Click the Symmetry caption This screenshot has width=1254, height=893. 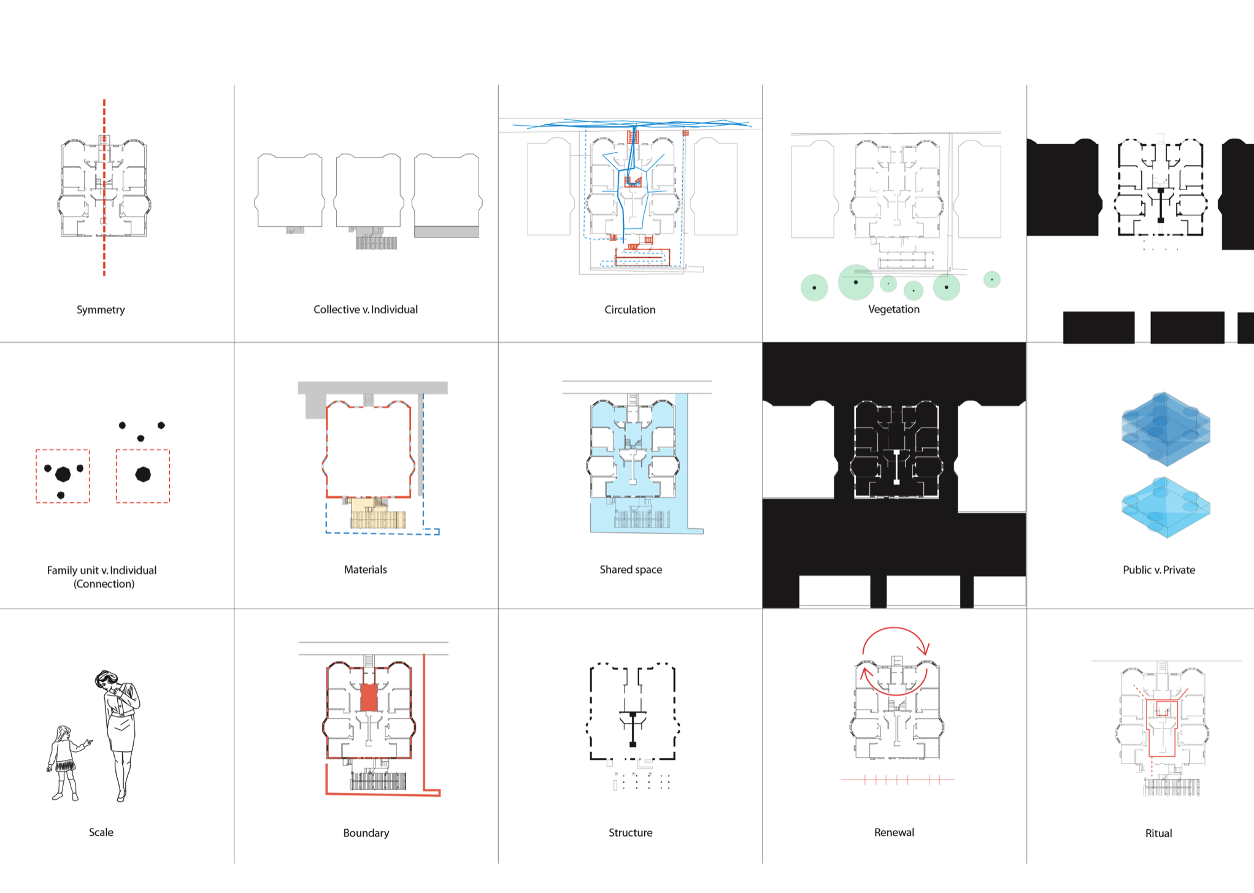click(x=101, y=310)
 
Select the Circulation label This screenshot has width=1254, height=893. click(x=629, y=310)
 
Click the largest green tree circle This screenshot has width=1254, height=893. click(x=855, y=282)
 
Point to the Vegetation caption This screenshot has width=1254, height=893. click(x=893, y=309)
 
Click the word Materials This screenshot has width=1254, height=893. click(x=365, y=569)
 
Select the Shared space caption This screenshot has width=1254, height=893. click(x=631, y=569)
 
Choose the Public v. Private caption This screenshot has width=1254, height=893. click(x=1158, y=570)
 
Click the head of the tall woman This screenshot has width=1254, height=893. click(x=106, y=680)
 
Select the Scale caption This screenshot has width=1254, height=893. click(x=101, y=832)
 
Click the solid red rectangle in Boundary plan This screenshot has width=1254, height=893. click(x=369, y=697)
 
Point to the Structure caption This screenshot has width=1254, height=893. click(x=630, y=832)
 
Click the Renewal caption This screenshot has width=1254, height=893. click(x=893, y=832)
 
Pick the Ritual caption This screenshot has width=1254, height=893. click(x=1158, y=833)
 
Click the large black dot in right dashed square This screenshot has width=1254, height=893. click(x=143, y=474)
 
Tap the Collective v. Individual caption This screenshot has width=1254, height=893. click(x=365, y=310)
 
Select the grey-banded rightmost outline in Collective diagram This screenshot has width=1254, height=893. click(x=447, y=196)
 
